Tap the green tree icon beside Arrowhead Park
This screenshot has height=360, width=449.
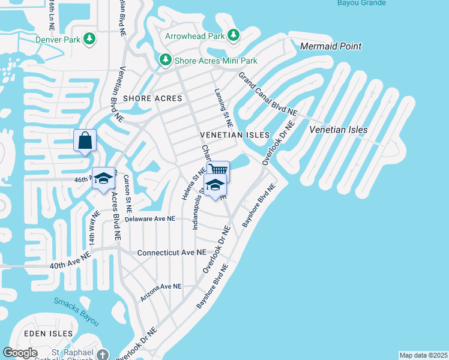click(x=233, y=35)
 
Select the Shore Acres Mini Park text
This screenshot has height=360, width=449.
click(x=215, y=61)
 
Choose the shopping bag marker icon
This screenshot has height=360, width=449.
click(x=85, y=141)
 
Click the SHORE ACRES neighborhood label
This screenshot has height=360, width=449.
click(x=148, y=98)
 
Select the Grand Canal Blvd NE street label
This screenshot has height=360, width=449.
click(x=268, y=94)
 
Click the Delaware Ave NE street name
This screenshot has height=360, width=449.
click(x=150, y=219)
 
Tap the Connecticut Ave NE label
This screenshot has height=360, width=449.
click(x=171, y=253)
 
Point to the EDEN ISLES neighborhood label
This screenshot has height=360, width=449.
click(x=49, y=333)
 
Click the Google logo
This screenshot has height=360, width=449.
click(x=20, y=353)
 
